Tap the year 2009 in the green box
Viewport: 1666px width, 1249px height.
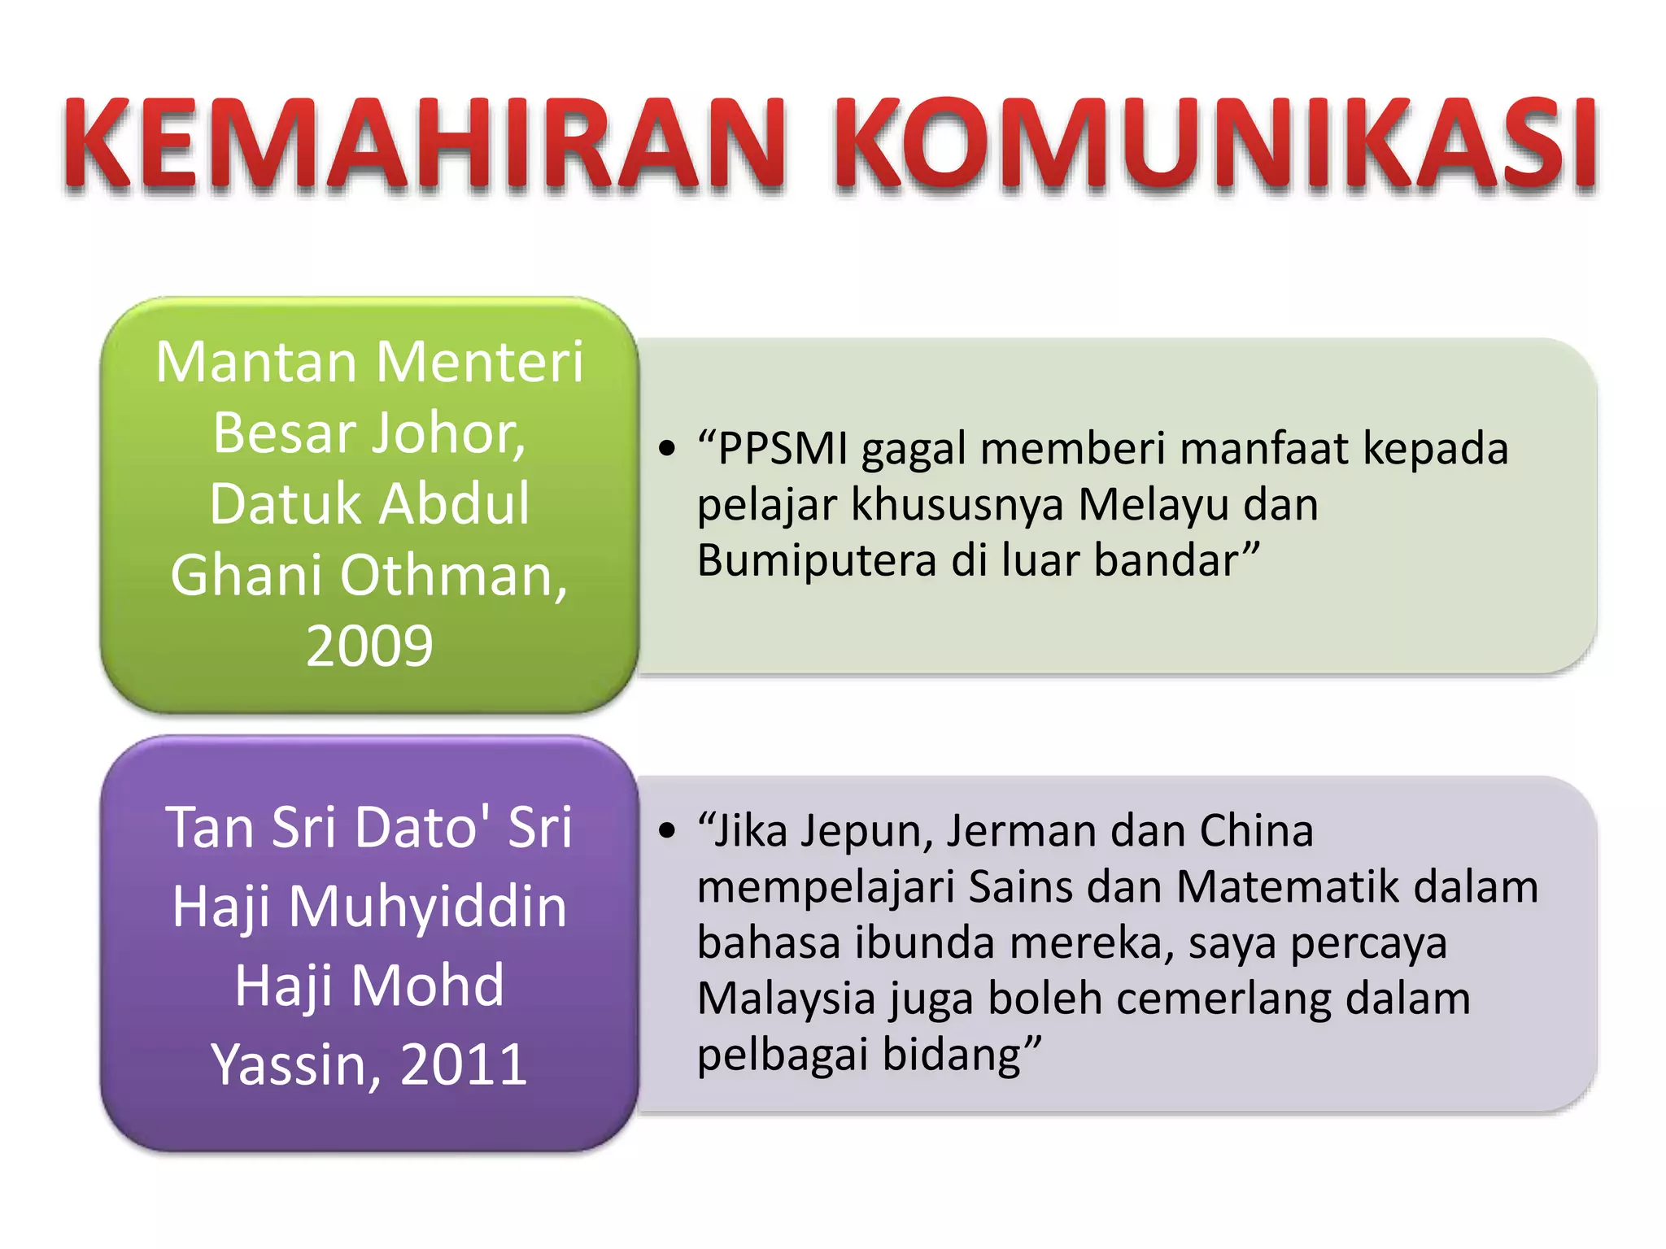[369, 646]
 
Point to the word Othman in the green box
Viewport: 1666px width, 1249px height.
[452, 576]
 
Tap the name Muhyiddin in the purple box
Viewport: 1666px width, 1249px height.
[427, 906]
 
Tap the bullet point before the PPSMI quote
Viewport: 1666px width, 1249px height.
[668, 449]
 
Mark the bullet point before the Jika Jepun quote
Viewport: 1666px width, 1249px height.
[668, 831]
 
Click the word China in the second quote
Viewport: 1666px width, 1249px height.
[1256, 831]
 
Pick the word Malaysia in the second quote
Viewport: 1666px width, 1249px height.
[786, 999]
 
